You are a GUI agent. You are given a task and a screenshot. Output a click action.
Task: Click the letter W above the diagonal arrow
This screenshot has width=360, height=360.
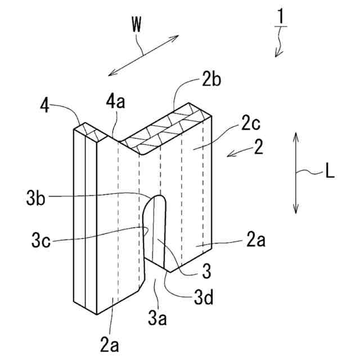click(136, 24)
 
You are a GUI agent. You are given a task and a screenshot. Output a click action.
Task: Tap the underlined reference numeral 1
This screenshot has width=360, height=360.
click(280, 17)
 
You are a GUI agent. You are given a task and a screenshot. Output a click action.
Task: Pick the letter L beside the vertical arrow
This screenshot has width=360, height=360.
click(330, 173)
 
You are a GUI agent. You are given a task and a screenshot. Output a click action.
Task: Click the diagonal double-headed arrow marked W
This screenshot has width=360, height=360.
click(143, 55)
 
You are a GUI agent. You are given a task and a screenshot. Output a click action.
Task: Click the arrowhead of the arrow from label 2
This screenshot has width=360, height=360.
click(229, 155)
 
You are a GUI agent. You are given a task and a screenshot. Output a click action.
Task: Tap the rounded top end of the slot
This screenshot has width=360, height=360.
click(157, 198)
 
